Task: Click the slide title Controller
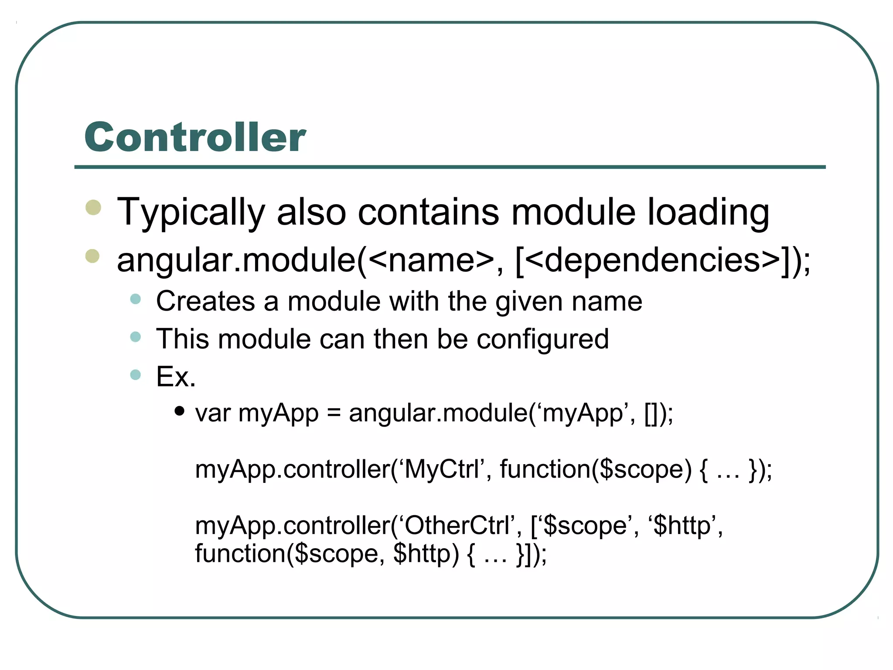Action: (195, 137)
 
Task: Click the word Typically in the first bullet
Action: (191, 212)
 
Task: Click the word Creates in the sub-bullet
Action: (205, 301)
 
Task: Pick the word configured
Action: (542, 339)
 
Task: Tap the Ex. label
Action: (176, 376)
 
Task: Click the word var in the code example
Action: (213, 413)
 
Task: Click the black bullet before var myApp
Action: (179, 411)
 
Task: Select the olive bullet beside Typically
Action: (93, 207)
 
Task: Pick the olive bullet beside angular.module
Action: (92, 256)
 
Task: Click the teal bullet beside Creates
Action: (136, 299)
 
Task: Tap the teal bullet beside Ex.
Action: (136, 375)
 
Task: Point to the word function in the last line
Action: (240, 554)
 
